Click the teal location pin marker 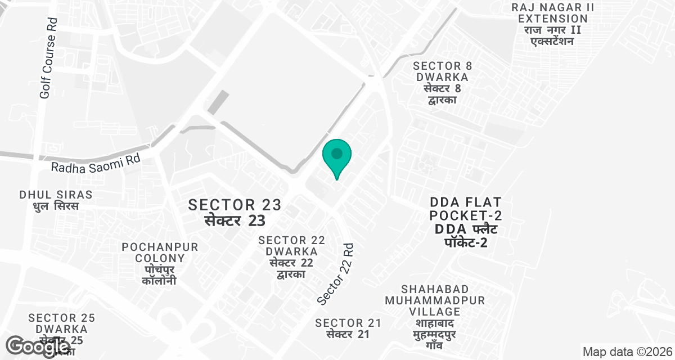pos(337,156)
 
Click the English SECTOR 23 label pos(235,204)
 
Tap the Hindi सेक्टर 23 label pos(235,219)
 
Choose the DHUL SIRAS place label pos(56,195)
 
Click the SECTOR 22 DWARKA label pos(291,246)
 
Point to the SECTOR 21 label pos(348,323)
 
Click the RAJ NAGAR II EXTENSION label pos(552,13)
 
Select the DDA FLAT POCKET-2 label pos(465,208)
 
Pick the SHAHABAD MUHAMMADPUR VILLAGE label pos(435,300)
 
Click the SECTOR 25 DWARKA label pos(61,323)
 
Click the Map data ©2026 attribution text pos(626,352)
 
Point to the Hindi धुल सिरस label pos(56,206)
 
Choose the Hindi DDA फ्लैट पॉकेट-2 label pos(465,236)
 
